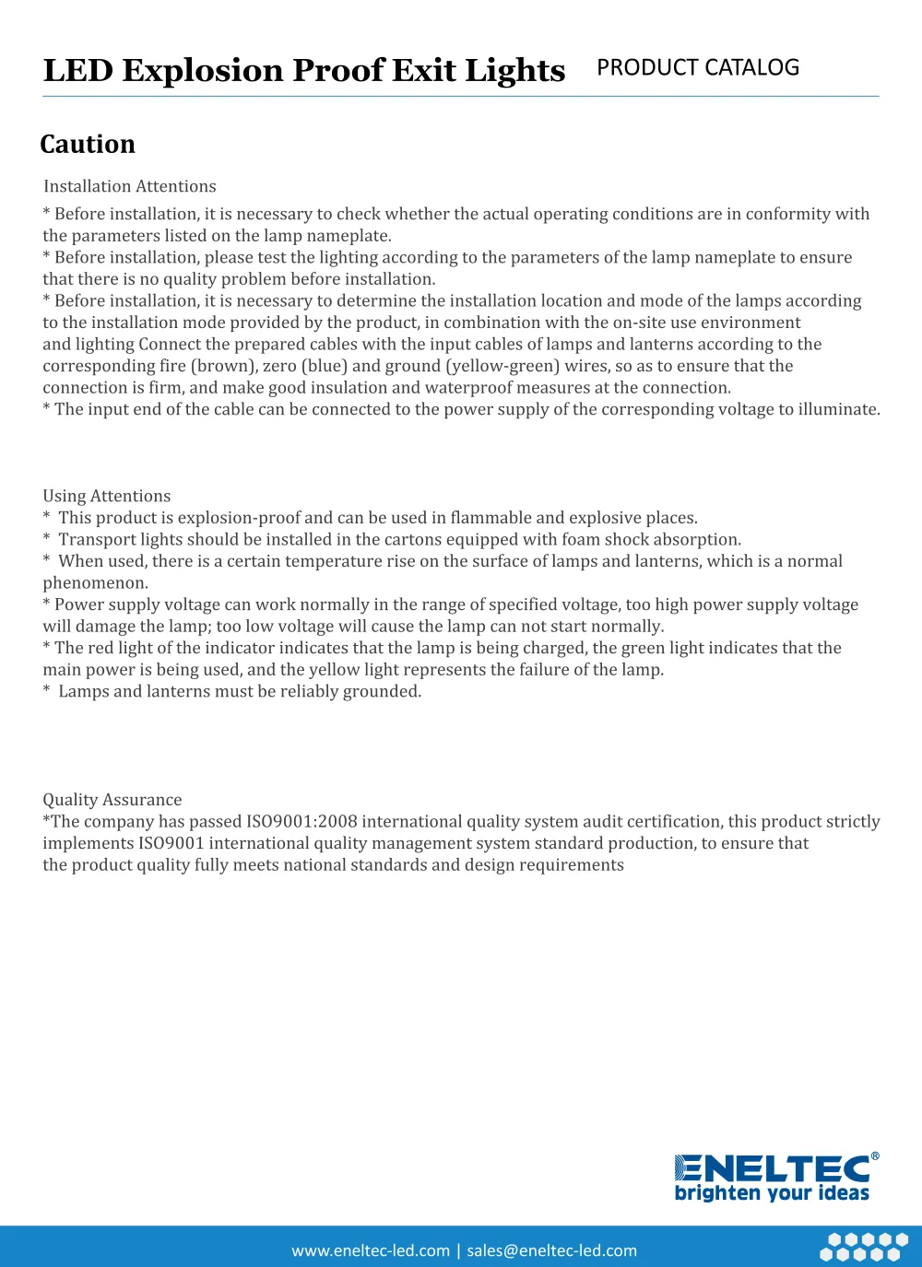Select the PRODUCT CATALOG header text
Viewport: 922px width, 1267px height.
(x=698, y=68)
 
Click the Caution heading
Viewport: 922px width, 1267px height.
(x=88, y=145)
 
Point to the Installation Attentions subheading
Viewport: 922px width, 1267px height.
(x=130, y=186)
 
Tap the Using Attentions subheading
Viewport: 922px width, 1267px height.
(x=107, y=496)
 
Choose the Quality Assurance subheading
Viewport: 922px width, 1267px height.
(x=112, y=800)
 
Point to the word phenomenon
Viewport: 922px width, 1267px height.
(x=94, y=583)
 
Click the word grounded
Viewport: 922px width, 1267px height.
(x=381, y=692)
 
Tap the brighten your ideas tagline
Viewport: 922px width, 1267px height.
(x=772, y=1193)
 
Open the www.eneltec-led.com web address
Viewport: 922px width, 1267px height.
(x=371, y=1250)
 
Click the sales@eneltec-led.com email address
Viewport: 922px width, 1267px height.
(x=551, y=1250)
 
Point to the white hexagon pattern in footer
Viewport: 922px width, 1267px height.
(x=864, y=1247)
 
